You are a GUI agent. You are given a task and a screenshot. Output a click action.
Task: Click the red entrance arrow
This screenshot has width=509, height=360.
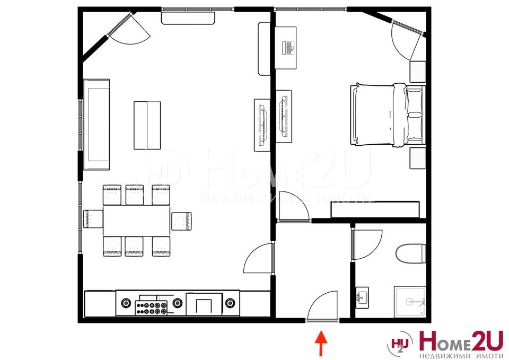click(321, 343)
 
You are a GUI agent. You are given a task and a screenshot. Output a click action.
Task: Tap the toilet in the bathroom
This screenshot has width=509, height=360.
click(410, 253)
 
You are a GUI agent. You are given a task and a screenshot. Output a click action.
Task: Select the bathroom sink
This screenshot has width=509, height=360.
click(362, 297)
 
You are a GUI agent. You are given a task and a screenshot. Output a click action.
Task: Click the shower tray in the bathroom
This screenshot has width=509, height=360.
click(410, 302)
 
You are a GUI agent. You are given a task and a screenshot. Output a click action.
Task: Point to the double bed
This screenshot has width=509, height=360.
click(388, 115)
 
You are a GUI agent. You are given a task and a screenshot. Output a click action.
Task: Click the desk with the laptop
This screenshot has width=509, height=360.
click(286, 48)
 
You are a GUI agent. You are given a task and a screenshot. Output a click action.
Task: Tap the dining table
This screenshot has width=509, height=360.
click(137, 221)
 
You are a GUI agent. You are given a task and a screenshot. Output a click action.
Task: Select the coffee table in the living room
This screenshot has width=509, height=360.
click(147, 125)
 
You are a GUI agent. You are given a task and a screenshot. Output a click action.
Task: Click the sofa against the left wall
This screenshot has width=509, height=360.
click(96, 124)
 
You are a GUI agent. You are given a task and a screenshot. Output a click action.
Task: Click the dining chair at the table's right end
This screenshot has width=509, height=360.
click(181, 221)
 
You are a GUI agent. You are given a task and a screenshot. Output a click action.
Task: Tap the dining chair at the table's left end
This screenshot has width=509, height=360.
click(93, 219)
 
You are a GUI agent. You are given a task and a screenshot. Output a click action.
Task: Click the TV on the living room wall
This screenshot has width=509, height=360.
click(262, 125)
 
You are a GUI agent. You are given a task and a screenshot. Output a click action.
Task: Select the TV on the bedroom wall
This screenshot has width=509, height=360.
click(283, 116)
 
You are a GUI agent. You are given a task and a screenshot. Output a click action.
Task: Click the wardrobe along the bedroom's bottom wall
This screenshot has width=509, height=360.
click(375, 210)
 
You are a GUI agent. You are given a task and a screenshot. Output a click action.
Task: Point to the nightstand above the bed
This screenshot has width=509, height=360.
click(418, 72)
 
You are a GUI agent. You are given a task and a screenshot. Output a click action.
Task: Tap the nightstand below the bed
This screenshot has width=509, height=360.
click(418, 158)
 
